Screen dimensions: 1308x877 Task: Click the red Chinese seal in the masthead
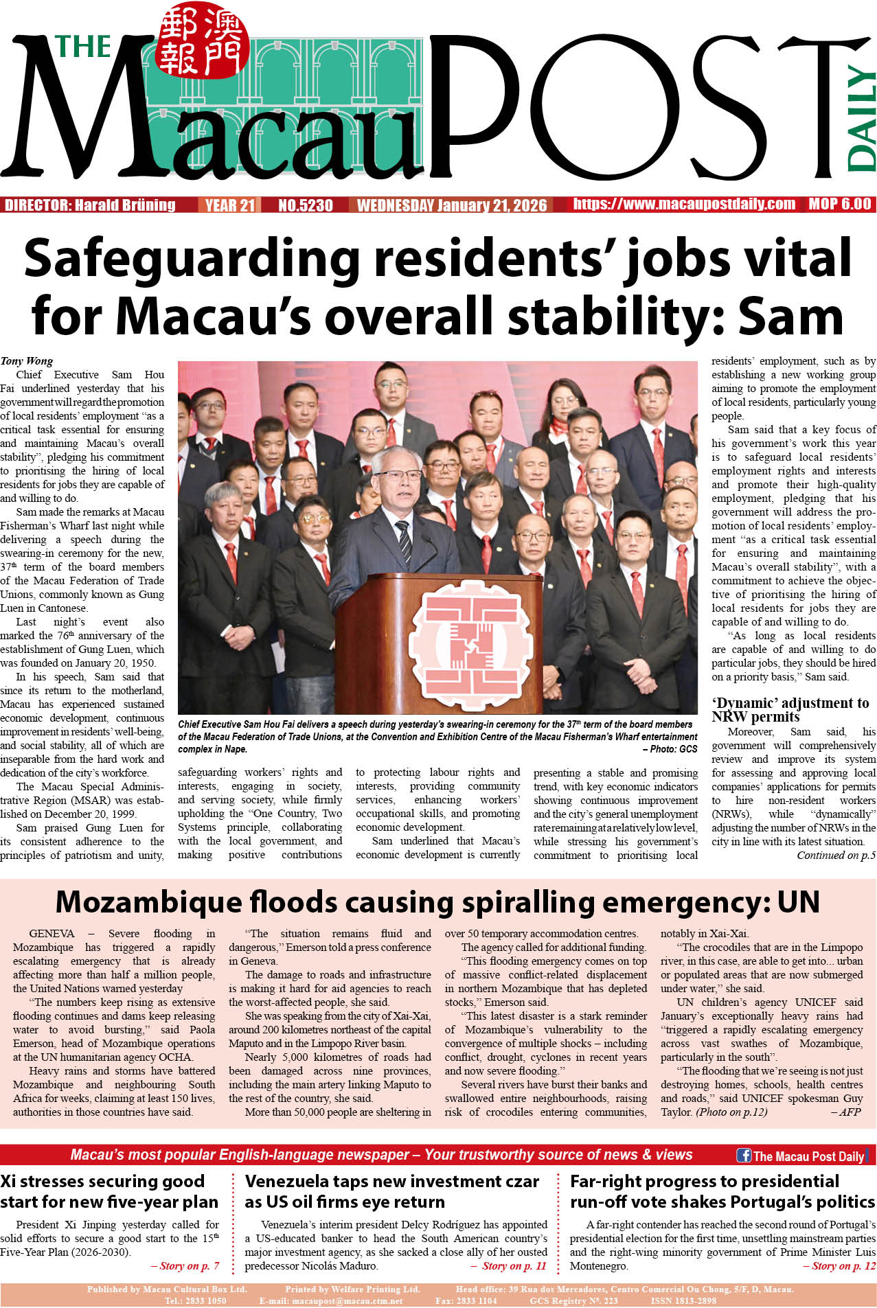click(201, 41)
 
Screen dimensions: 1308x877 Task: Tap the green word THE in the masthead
click(83, 47)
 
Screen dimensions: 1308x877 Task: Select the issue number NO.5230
click(305, 205)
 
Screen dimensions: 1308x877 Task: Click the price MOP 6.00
click(839, 204)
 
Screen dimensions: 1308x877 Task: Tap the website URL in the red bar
click(684, 204)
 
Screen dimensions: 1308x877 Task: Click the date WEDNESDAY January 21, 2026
click(452, 205)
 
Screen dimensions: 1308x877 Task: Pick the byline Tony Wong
click(27, 361)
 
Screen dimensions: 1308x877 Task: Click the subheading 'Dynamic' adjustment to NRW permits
click(790, 710)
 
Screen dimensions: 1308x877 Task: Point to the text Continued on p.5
click(836, 856)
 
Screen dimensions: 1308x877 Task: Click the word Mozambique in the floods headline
click(147, 902)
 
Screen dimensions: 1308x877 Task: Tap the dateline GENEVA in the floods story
click(52, 934)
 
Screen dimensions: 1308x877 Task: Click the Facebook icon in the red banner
click(743, 1155)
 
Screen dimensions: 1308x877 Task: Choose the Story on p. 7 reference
click(185, 1266)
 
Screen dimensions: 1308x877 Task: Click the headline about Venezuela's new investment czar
click(391, 1191)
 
